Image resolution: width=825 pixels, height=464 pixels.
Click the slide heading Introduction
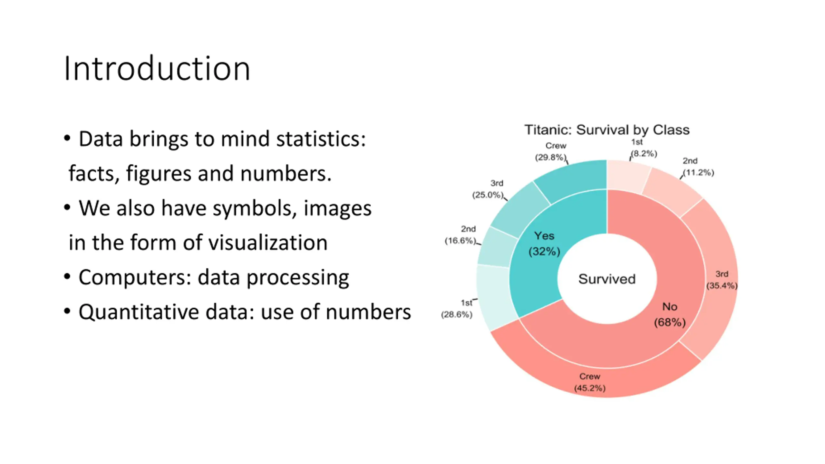pos(157,69)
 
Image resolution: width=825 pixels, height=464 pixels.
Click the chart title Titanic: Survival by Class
pos(607,130)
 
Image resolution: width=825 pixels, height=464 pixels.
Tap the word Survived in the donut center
pos(607,279)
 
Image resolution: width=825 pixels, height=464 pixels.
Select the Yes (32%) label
pos(544,244)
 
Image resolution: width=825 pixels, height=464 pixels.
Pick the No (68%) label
pos(670,314)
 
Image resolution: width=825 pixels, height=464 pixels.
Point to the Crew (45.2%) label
pos(590,382)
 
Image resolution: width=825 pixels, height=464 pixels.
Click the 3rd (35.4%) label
pos(722,280)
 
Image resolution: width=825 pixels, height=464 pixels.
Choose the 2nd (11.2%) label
pos(698,167)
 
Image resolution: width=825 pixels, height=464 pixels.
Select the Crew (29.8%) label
pos(551,151)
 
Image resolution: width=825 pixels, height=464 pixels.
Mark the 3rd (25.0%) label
pos(488,189)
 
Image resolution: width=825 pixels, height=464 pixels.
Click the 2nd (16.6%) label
pos(461,235)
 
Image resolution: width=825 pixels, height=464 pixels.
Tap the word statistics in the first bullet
pos(321,139)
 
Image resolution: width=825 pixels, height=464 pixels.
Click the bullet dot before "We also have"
pos(67,208)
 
